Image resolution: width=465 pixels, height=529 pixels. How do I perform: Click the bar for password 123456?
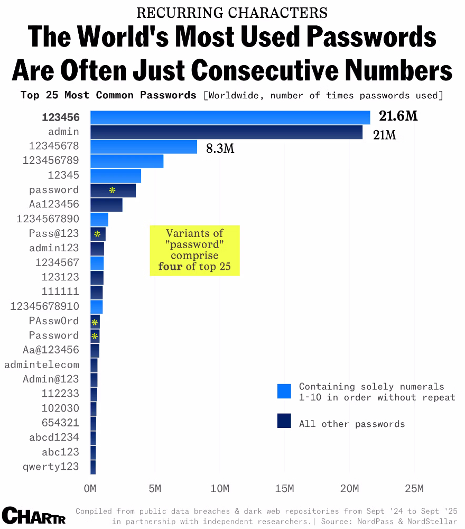pos(230,117)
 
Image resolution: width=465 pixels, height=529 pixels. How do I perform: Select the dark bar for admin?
pos(226,132)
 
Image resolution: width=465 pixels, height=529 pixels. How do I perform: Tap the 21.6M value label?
pos(398,116)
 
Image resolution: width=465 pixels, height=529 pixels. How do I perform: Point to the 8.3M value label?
pos(220,149)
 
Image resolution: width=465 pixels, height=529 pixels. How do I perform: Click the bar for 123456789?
pos(127,161)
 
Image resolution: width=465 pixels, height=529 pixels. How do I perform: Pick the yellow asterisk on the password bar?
pos(112,190)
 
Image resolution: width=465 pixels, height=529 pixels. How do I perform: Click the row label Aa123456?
pos(54,204)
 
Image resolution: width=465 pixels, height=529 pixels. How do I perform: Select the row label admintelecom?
pos(42,364)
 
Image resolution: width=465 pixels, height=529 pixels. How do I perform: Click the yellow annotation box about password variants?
pos(194,250)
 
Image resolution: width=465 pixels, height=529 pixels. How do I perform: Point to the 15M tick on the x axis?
pos(284,488)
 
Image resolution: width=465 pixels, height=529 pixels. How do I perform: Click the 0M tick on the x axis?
pos(90,488)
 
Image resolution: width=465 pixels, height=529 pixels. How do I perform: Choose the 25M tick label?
pos(414,488)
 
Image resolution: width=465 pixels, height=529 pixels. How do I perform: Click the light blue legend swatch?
pos(284,391)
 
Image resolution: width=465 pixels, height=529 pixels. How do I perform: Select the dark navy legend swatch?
pos(284,421)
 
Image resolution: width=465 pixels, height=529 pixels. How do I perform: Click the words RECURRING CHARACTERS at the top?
pos(232,13)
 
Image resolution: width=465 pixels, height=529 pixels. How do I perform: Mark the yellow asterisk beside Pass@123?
pos(97,234)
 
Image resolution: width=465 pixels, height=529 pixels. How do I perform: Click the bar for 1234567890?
pos(99,219)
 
